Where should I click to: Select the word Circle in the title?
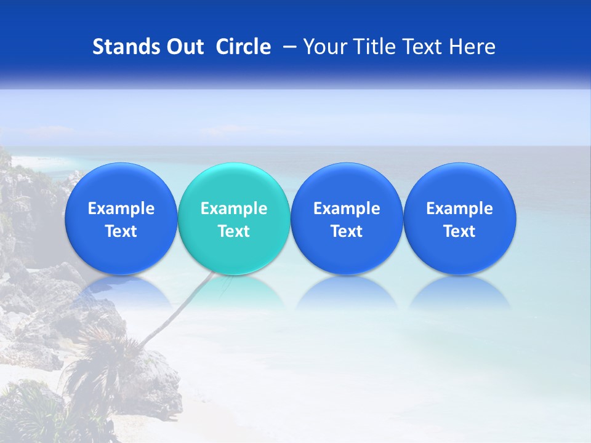[x=243, y=47]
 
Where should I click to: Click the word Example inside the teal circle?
[x=233, y=209]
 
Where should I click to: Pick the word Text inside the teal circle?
[x=233, y=231]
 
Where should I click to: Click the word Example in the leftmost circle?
[x=121, y=209]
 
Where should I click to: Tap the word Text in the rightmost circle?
[x=459, y=231]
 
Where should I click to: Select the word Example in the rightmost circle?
[x=459, y=209]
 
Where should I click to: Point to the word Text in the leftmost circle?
[x=121, y=231]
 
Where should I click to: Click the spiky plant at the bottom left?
[x=95, y=357]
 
